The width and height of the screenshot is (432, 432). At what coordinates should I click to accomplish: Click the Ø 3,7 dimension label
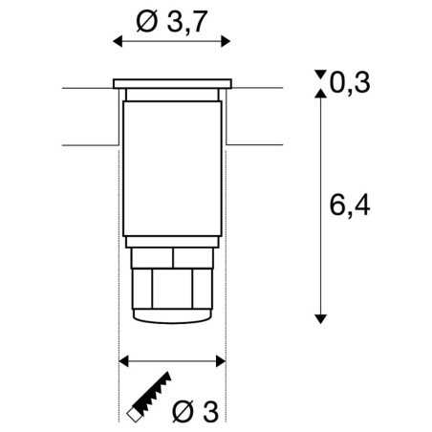coord(172,22)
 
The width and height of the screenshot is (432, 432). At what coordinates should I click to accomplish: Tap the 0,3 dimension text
coord(350,83)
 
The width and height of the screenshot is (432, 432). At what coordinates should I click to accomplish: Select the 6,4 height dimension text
coord(350,205)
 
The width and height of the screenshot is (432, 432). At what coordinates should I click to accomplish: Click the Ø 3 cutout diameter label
coord(195,412)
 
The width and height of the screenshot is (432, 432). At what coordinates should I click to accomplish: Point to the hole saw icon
coord(149,397)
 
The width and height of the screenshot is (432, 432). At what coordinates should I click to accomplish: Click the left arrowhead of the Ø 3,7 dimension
coord(118,41)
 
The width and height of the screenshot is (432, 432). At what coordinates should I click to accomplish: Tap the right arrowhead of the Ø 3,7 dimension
coord(226,41)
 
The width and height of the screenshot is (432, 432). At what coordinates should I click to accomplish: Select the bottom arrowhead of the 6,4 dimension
coord(320,319)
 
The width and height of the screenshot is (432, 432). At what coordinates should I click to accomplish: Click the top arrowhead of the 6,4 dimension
coord(320,93)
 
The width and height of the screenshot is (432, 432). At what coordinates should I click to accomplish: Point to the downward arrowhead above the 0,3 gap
coord(320,75)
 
